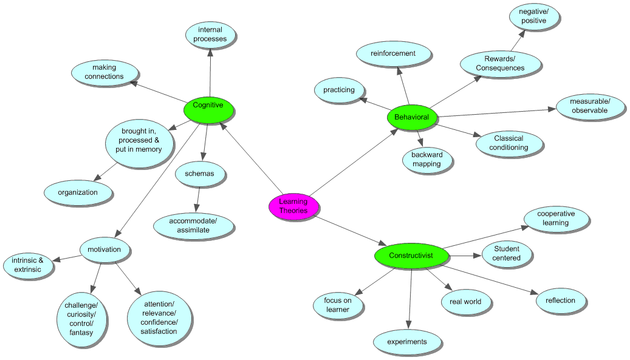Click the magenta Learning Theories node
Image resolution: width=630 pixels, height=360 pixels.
click(x=293, y=206)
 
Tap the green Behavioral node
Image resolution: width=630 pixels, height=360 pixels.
click(x=411, y=117)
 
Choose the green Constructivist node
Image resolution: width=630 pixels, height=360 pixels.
click(x=411, y=256)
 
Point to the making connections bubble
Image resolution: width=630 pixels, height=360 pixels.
click(x=104, y=72)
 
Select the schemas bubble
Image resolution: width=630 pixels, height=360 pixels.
click(x=199, y=174)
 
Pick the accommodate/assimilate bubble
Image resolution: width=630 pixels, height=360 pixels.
click(x=193, y=225)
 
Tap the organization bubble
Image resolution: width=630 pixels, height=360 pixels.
click(x=78, y=192)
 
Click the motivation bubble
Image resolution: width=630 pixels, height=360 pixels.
click(x=104, y=250)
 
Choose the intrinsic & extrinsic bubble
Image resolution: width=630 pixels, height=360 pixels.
click(x=28, y=265)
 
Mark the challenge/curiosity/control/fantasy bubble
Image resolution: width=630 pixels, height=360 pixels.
click(x=81, y=319)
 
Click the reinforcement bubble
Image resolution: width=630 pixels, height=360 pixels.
click(x=393, y=53)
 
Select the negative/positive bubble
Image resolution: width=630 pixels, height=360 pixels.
click(x=533, y=16)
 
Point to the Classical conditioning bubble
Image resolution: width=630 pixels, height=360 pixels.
click(x=508, y=143)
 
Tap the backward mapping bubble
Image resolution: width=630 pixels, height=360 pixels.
click(x=427, y=159)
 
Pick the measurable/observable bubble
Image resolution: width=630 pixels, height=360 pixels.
click(x=590, y=106)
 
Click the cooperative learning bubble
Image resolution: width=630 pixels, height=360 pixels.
click(x=555, y=219)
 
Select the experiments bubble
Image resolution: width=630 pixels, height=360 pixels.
click(x=407, y=342)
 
